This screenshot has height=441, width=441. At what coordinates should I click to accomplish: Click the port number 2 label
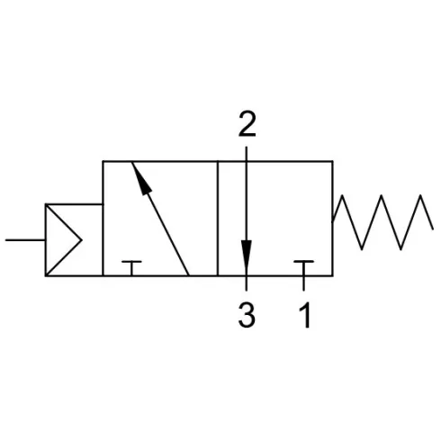click(x=247, y=124)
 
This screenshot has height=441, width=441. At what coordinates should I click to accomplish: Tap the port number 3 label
click(x=247, y=315)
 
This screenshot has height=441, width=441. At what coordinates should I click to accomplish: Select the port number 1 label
click(x=305, y=315)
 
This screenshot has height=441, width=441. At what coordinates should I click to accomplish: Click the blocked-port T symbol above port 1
click(x=303, y=267)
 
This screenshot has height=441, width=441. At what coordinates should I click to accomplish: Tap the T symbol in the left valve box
click(x=131, y=267)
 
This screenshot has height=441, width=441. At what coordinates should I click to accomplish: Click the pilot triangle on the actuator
click(x=63, y=240)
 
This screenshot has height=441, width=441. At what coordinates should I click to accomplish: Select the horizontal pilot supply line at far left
click(x=25, y=240)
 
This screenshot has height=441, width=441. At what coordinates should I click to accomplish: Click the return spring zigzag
click(x=382, y=222)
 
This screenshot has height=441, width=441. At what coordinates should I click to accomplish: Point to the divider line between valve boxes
click(x=218, y=219)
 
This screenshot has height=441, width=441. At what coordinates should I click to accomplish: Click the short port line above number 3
click(x=247, y=283)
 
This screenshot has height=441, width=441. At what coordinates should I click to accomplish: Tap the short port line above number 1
click(x=303, y=283)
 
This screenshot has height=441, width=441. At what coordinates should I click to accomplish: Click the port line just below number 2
click(x=247, y=154)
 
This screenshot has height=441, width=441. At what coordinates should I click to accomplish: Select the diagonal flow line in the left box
click(x=160, y=219)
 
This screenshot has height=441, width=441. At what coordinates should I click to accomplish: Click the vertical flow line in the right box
click(x=247, y=219)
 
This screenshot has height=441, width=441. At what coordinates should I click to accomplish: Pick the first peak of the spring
click(x=342, y=195)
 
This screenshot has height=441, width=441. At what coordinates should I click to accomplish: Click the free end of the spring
click(x=433, y=229)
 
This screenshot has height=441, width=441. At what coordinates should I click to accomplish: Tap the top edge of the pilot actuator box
click(x=74, y=204)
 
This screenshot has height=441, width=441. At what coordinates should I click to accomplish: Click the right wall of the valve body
click(x=332, y=219)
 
